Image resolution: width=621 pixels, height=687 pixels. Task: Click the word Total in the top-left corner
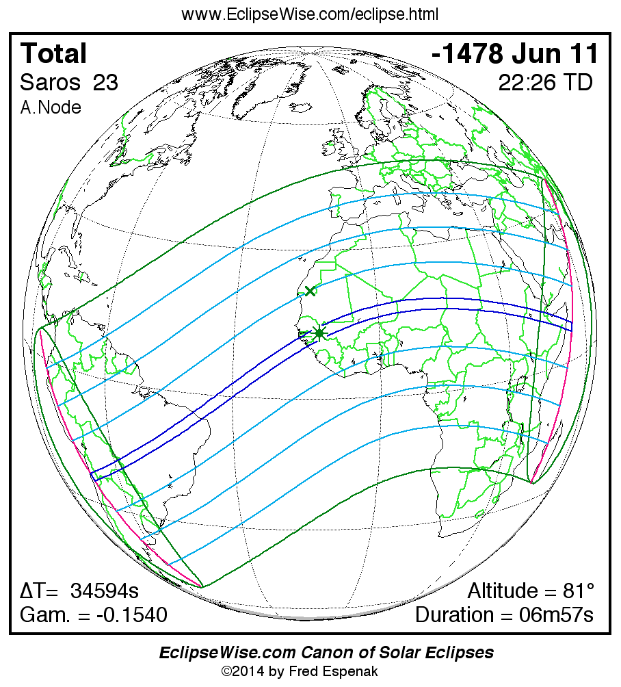point(53,53)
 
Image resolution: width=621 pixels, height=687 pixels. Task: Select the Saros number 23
point(105,83)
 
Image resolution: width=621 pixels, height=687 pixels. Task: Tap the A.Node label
point(51,107)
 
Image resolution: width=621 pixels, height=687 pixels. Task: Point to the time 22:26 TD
point(545,83)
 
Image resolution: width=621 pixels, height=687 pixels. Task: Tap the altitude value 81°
point(572,591)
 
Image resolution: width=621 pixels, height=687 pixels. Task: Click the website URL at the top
point(310,14)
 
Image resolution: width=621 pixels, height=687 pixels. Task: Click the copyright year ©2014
point(243,671)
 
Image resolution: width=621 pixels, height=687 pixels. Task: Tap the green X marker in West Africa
point(310,291)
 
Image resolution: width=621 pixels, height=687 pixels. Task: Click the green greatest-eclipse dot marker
point(319,333)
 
